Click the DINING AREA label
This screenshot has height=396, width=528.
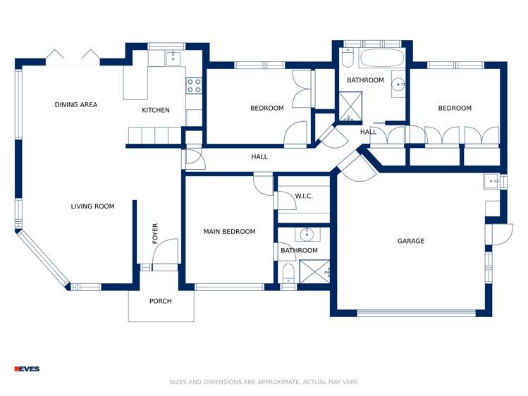[76, 105]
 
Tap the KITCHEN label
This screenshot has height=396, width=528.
[156, 110]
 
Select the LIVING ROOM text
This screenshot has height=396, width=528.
[92, 206]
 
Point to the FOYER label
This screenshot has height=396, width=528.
[155, 233]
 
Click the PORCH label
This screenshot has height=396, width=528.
[161, 301]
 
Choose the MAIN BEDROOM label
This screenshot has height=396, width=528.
[229, 231]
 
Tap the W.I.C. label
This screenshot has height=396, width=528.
[304, 196]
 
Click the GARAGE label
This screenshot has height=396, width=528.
[410, 241]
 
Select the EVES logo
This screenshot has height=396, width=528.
[27, 369]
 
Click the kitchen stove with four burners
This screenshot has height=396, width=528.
[193, 86]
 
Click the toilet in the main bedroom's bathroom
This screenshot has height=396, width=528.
[288, 274]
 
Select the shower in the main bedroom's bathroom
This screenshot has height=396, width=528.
[315, 271]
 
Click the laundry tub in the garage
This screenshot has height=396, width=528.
[491, 182]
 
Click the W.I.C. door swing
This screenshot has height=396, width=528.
[286, 200]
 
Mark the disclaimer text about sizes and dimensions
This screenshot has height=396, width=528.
[264, 382]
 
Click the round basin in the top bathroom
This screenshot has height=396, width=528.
[398, 85]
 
